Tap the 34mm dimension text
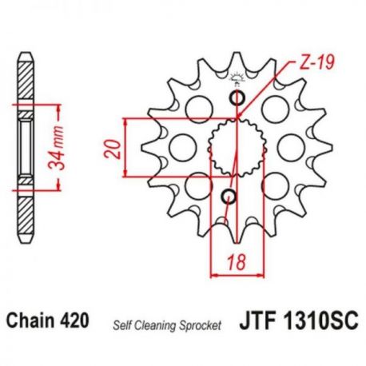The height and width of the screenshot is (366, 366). point(57,148)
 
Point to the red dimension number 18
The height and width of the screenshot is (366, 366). point(237,261)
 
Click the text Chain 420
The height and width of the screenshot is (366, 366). point(47,320)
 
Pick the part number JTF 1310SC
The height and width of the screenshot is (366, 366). point(299,320)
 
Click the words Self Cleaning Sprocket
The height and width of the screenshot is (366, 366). point(167,325)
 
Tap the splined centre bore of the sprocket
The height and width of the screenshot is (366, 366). point(237,148)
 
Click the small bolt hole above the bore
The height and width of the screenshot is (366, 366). point(237,98)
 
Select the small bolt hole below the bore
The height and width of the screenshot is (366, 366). point(229,197)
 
